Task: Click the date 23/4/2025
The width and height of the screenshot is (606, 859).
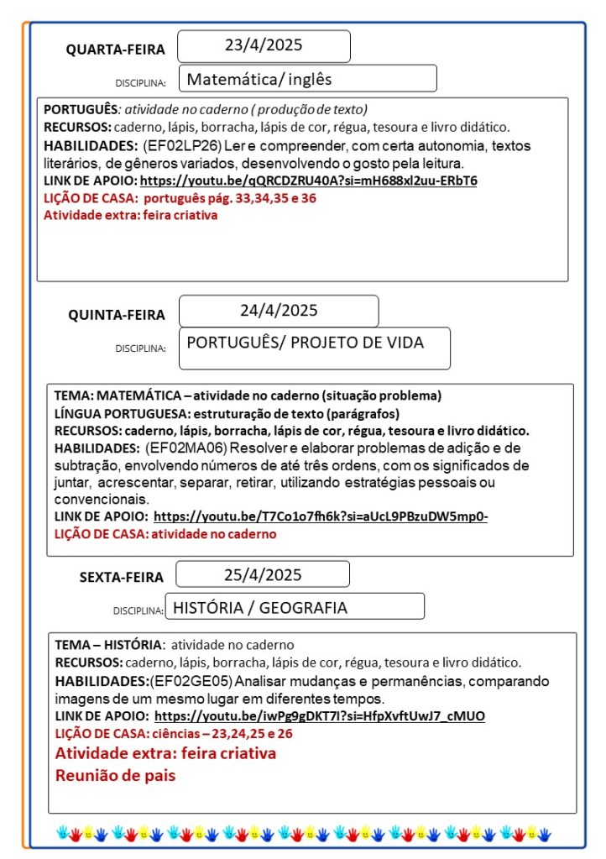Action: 264,46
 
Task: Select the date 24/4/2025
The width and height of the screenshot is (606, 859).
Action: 279,311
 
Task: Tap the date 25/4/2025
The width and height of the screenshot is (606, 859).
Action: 263,575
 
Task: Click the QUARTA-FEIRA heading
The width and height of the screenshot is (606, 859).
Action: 116,50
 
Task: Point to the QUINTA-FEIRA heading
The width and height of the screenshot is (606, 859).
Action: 117,315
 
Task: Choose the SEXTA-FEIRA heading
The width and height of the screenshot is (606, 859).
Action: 122,577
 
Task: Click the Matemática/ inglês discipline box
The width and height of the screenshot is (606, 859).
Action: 307,80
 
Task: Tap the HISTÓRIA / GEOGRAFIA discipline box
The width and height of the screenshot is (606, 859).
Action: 294,607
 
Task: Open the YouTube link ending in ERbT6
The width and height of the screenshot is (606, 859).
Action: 308,181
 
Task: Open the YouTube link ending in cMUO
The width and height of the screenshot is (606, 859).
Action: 320,716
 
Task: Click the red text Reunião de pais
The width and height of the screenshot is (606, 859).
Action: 116,775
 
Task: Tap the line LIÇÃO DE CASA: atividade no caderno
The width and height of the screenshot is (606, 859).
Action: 165,534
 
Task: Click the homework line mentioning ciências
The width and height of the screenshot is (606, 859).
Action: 174,733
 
